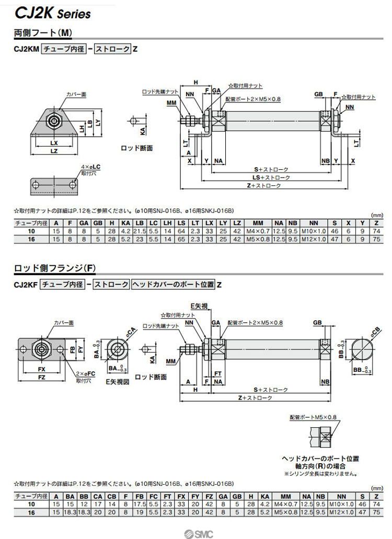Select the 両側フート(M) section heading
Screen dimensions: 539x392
click(43, 33)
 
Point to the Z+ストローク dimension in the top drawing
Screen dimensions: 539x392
click(264, 185)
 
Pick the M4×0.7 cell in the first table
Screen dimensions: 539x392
click(258, 231)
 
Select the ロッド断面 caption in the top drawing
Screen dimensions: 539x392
click(136, 148)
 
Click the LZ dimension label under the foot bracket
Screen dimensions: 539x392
click(54, 151)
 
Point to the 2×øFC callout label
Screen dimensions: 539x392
click(84, 374)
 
